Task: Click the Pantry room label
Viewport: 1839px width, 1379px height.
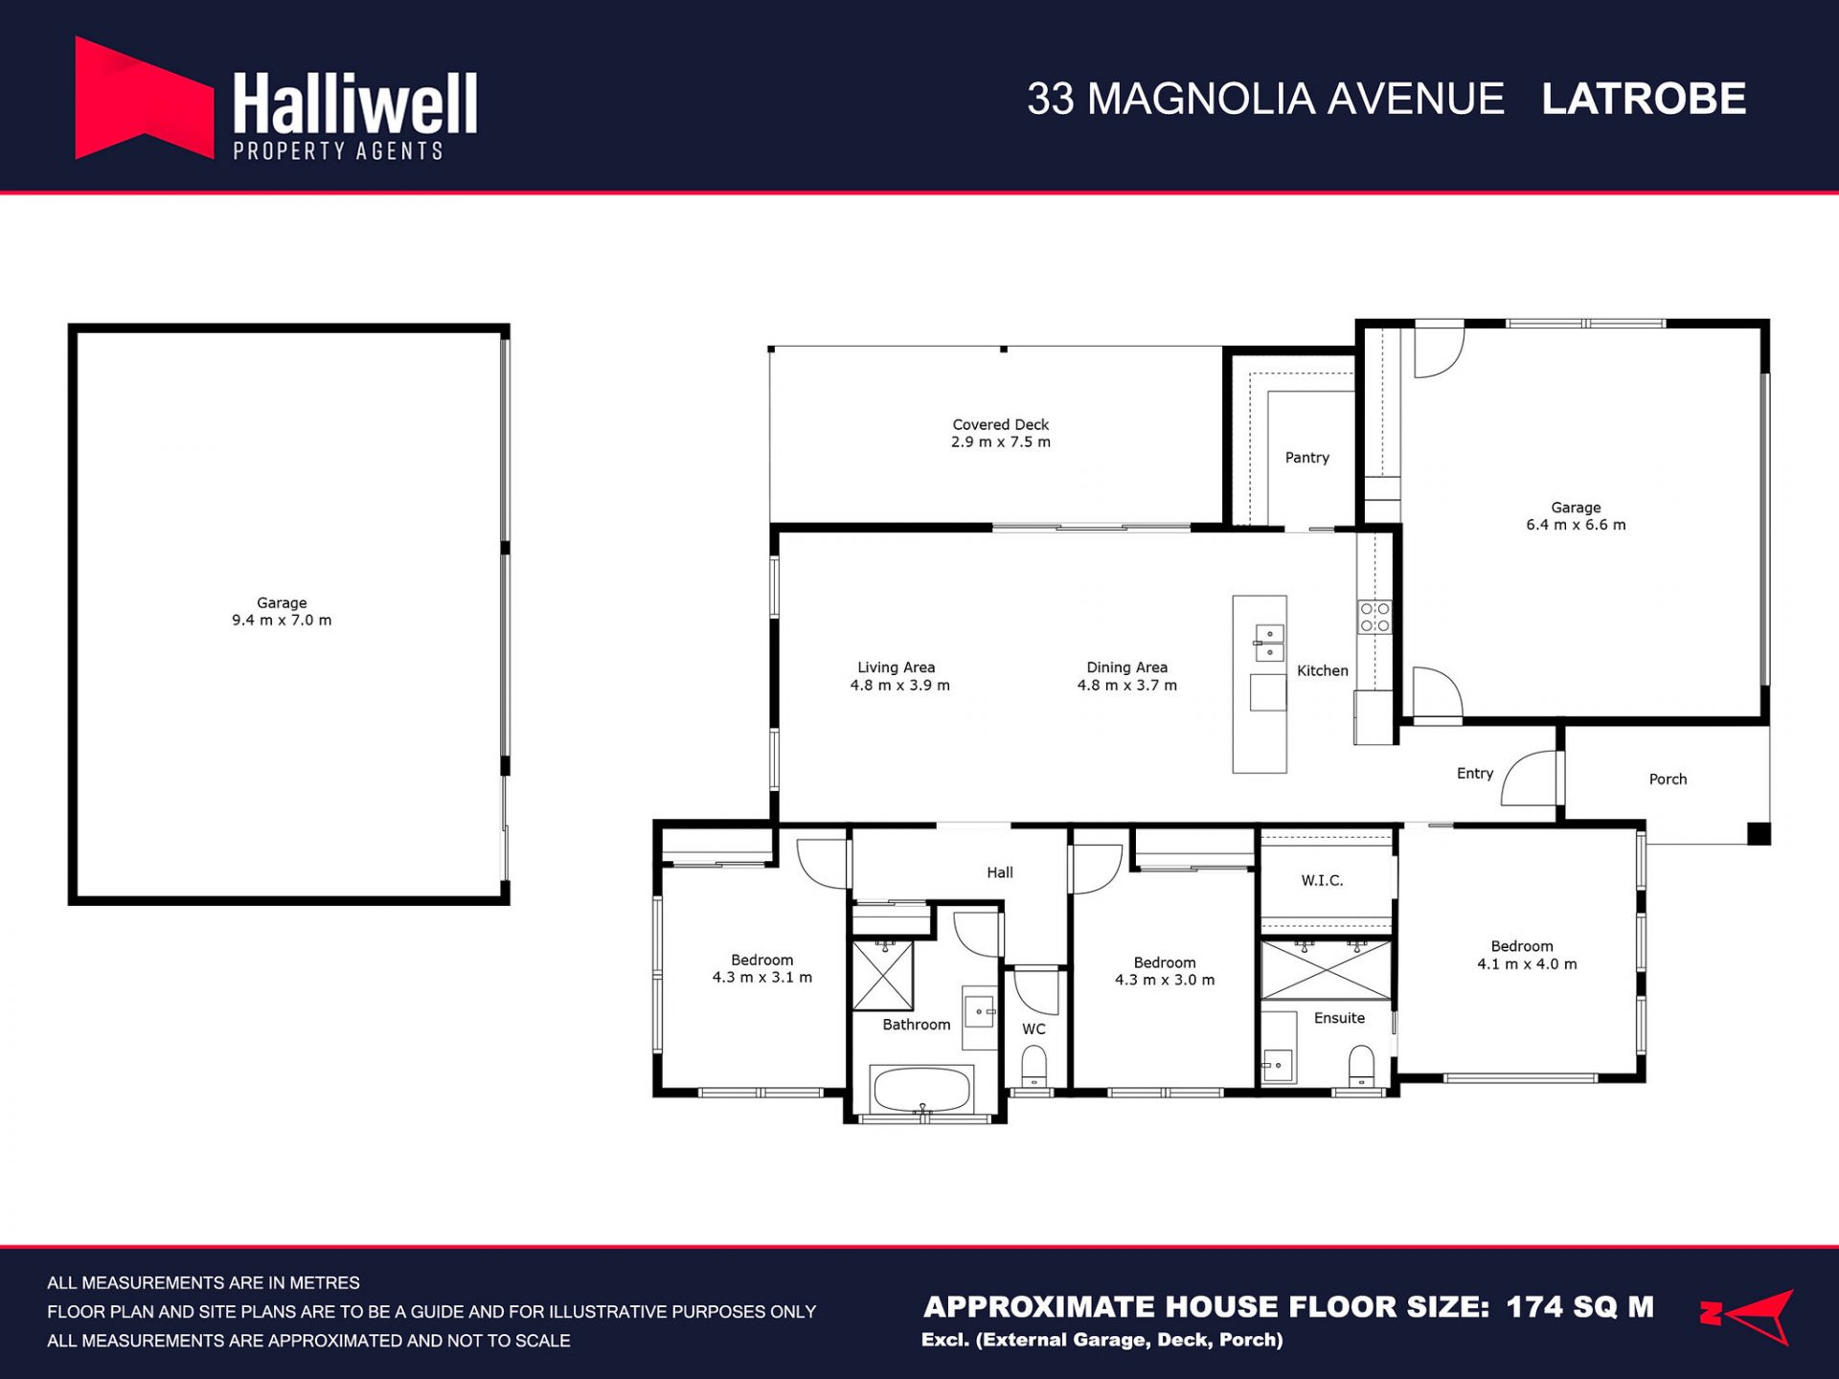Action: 1306,458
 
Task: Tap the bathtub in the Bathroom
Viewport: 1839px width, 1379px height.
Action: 921,1089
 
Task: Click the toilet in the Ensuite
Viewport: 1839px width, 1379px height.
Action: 1361,1065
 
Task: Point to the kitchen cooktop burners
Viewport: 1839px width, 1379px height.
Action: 1374,617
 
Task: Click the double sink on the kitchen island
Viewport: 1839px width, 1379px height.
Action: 1269,644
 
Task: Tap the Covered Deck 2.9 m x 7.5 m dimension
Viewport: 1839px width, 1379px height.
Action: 1001,442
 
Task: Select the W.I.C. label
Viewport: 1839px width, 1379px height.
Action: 1322,880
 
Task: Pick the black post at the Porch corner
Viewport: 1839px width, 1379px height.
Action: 1759,833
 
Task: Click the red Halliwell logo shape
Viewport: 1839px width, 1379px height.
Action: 144,98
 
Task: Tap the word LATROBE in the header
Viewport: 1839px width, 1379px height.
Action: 1644,99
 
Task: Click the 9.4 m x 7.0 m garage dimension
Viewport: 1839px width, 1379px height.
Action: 282,621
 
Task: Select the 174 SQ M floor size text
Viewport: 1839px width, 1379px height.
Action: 1580,1307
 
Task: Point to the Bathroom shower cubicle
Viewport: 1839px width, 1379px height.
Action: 882,975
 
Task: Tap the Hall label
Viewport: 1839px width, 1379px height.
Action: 1000,872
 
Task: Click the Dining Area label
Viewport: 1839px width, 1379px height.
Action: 1126,667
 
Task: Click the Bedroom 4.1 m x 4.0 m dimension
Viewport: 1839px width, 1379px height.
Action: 1527,964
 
